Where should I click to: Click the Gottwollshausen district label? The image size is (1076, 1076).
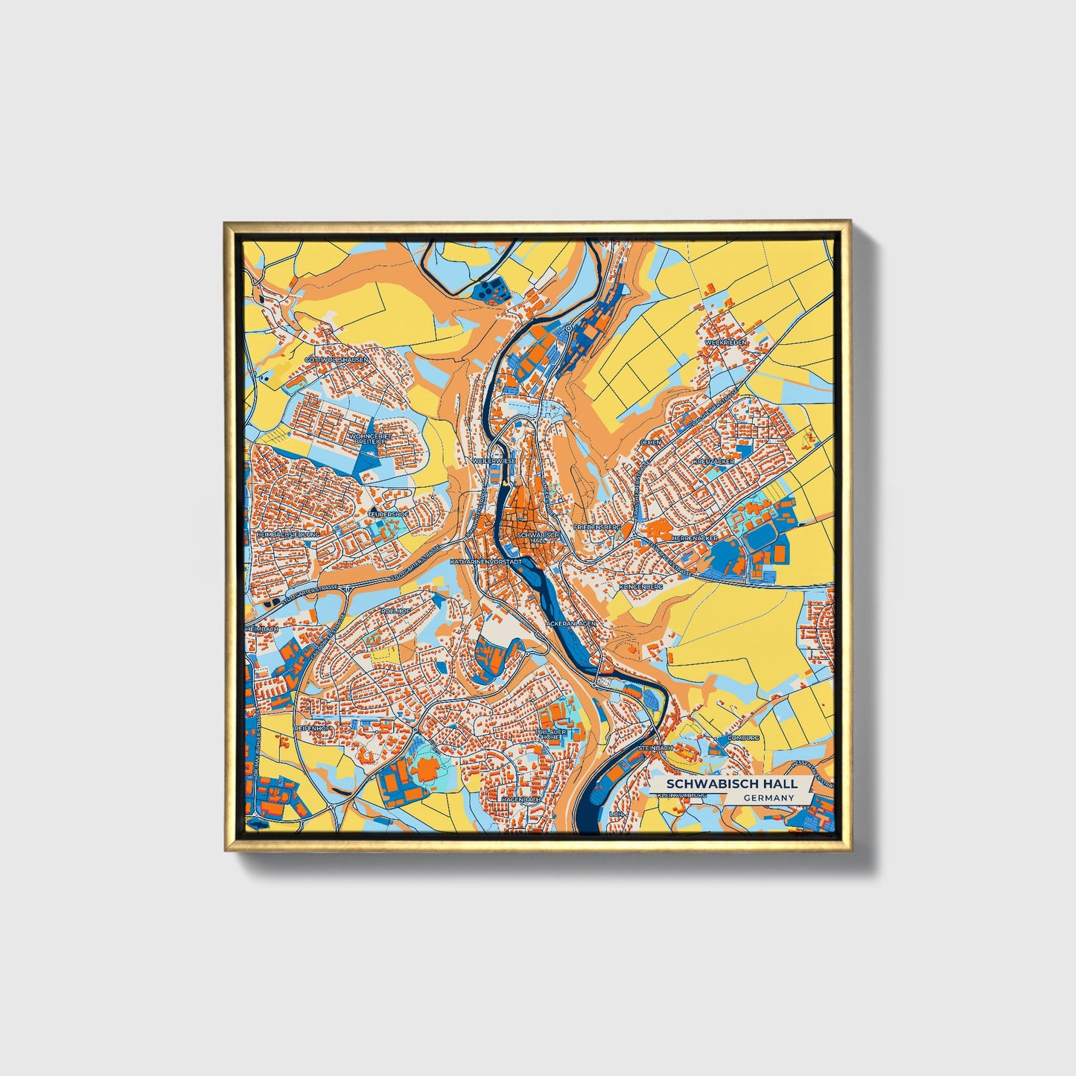pos(337,359)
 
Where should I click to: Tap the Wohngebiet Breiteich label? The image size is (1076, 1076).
pos(370,438)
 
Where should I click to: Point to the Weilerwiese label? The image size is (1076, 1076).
pos(494,461)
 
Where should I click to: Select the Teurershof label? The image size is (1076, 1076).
pos(389,514)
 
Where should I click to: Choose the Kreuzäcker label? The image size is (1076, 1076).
pos(713,462)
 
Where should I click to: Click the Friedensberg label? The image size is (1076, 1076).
pos(596,526)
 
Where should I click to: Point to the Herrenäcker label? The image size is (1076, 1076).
pos(694,537)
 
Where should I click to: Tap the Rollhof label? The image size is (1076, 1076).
pos(395,611)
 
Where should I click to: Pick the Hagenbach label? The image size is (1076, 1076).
pos(521,799)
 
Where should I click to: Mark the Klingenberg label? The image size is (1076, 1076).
pos(640,587)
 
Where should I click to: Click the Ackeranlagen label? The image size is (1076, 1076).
pos(570,623)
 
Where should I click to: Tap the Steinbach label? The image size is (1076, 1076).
pos(655,747)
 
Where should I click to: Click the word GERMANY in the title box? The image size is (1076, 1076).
pos(768,798)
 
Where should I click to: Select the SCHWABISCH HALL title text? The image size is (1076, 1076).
pos(731,783)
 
